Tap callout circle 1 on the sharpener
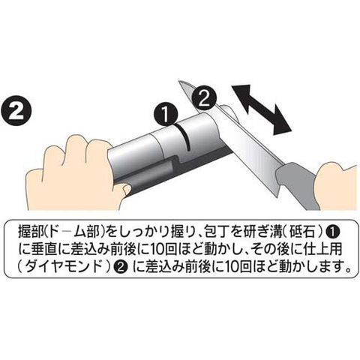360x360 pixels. [x=166, y=114]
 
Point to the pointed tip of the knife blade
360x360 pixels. [x=179, y=82]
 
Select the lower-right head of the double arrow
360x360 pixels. [x=281, y=123]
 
